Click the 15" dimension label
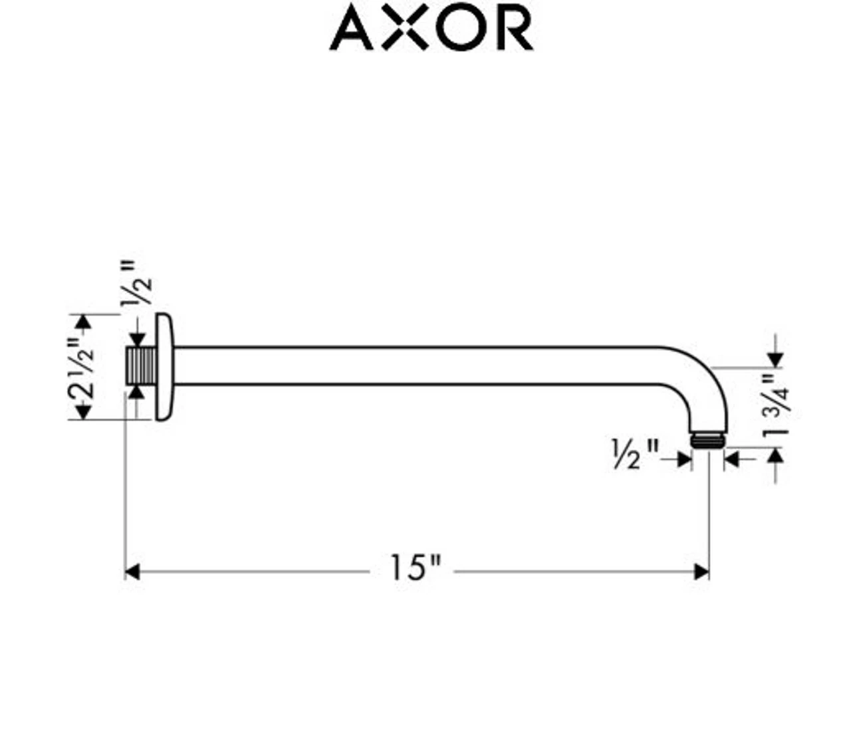click(415, 568)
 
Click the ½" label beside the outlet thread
click(634, 454)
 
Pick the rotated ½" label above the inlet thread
click(136, 283)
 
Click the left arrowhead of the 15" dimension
click(132, 572)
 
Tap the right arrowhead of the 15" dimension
click(701, 572)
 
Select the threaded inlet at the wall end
click(141, 366)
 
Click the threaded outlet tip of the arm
click(707, 440)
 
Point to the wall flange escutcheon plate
click(165, 367)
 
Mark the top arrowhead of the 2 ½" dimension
click(84, 322)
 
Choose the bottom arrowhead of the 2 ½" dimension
click(84, 412)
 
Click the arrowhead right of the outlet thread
click(731, 459)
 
